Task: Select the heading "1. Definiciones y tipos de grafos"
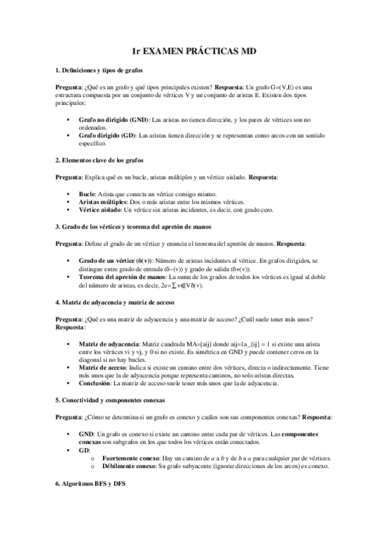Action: tap(98, 69)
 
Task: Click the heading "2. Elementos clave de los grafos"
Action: tap(98, 160)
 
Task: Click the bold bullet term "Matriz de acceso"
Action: tap(103, 367)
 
